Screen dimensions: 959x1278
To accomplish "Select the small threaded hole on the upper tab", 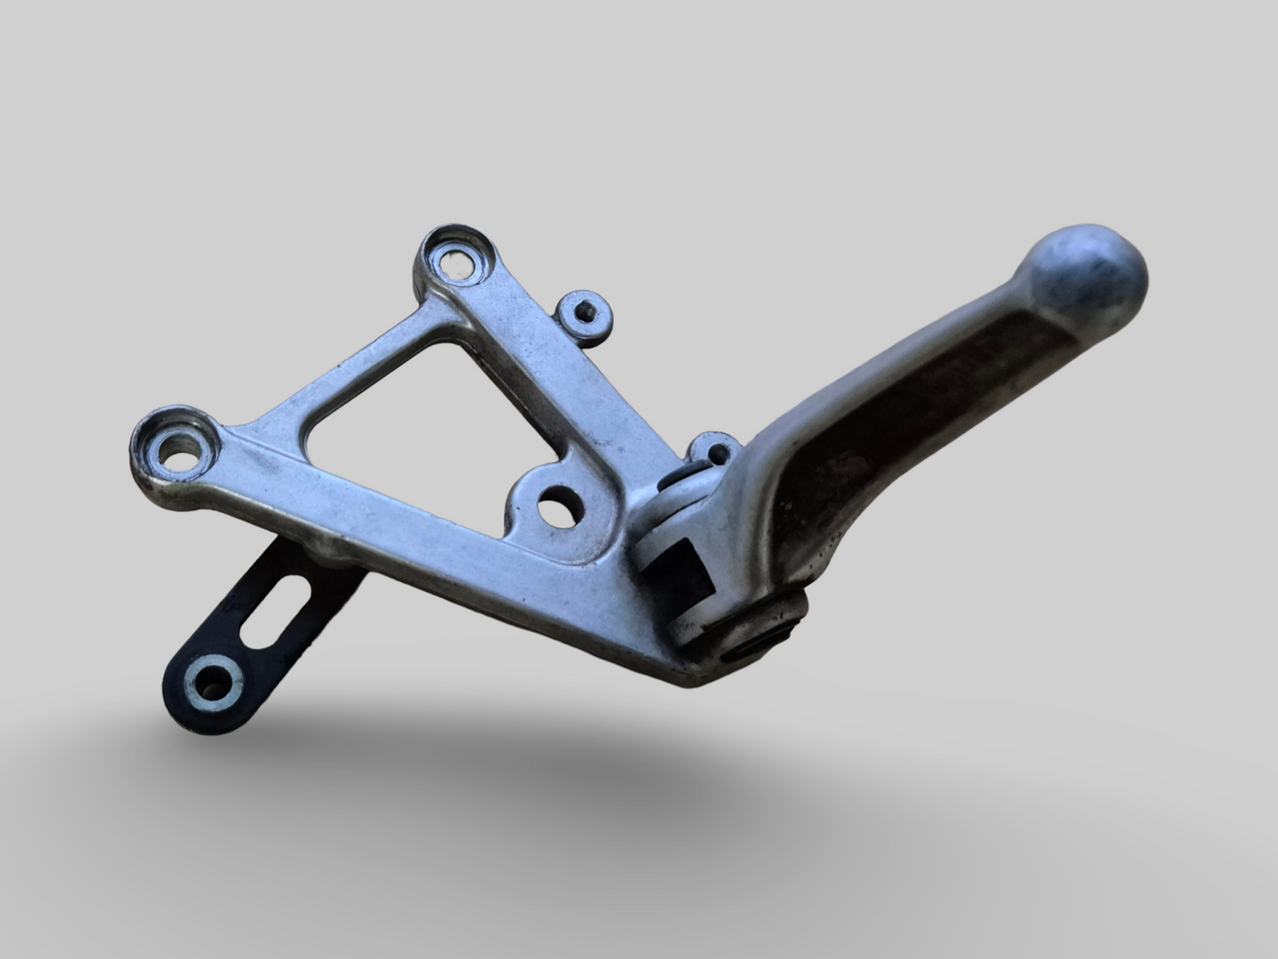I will click(x=584, y=310).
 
